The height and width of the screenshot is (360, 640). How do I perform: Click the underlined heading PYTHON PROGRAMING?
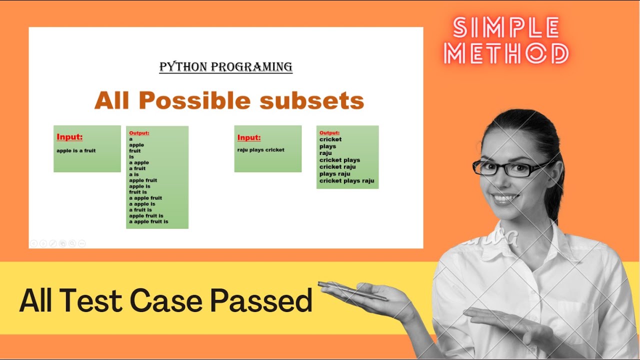[x=225, y=66]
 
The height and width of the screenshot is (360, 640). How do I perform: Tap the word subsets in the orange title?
[x=312, y=100]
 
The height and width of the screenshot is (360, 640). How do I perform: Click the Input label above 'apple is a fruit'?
[x=69, y=137]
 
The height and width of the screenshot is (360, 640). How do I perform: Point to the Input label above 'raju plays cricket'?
[x=248, y=137]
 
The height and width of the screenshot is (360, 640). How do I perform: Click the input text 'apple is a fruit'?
[x=76, y=150]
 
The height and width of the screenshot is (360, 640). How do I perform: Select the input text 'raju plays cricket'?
[x=260, y=150]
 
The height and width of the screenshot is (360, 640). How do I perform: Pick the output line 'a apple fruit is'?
[x=148, y=221]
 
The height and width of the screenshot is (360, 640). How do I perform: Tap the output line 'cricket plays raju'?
[x=346, y=181]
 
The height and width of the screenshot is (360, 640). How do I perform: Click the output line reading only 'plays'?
[x=327, y=146]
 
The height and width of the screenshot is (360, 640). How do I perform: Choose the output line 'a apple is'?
[x=142, y=204]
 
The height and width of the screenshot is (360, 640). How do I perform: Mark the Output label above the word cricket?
[x=329, y=133]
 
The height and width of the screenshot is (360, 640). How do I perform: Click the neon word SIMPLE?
[x=506, y=28]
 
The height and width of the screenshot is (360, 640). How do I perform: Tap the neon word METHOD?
[x=506, y=54]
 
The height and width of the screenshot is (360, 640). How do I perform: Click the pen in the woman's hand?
[x=352, y=291]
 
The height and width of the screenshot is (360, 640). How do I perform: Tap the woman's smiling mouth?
[x=505, y=198]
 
